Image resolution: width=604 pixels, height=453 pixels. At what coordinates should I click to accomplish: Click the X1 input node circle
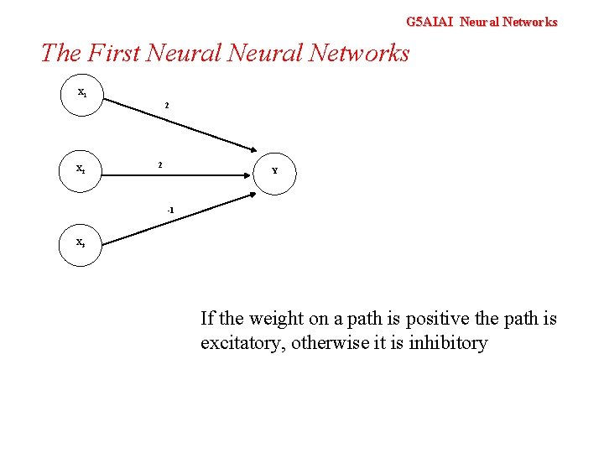(x=81, y=95)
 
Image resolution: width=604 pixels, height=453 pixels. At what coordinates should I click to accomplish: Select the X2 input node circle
(x=81, y=170)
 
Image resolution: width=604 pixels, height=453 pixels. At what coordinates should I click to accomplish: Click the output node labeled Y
(x=274, y=171)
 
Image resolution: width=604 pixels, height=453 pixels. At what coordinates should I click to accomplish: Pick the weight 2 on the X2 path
(x=160, y=164)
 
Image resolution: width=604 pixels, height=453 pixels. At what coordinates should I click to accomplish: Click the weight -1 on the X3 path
(x=169, y=209)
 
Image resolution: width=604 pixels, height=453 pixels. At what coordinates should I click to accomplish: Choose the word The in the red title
(x=60, y=53)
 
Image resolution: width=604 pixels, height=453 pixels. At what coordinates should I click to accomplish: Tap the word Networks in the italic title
(x=359, y=53)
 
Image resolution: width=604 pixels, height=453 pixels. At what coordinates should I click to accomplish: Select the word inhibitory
(x=448, y=343)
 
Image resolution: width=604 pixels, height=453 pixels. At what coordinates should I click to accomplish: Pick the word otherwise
(x=330, y=343)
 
